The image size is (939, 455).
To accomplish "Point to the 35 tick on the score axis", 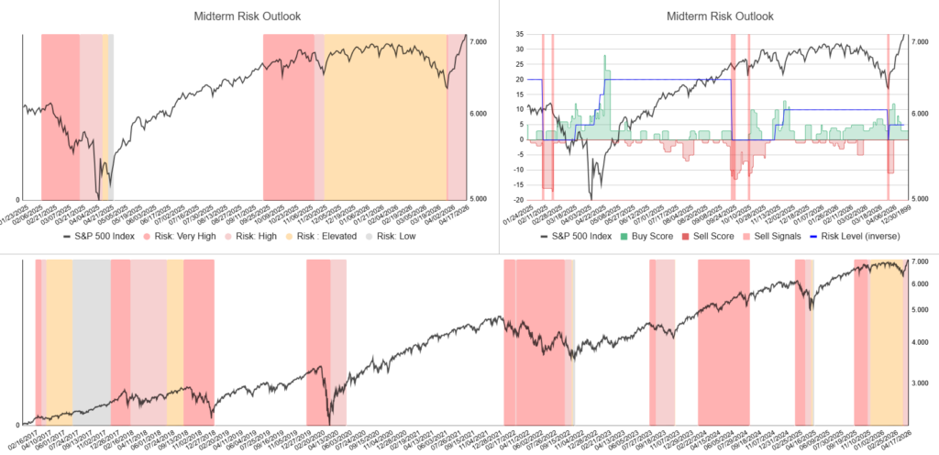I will click(519, 35).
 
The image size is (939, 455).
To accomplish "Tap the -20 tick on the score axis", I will click(518, 199).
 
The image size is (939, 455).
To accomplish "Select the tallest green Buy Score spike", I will click(605, 57).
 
